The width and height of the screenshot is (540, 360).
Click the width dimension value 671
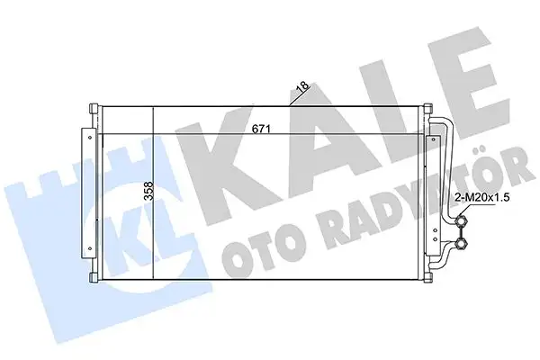[x=264, y=127]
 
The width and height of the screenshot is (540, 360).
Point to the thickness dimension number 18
[x=303, y=87]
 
